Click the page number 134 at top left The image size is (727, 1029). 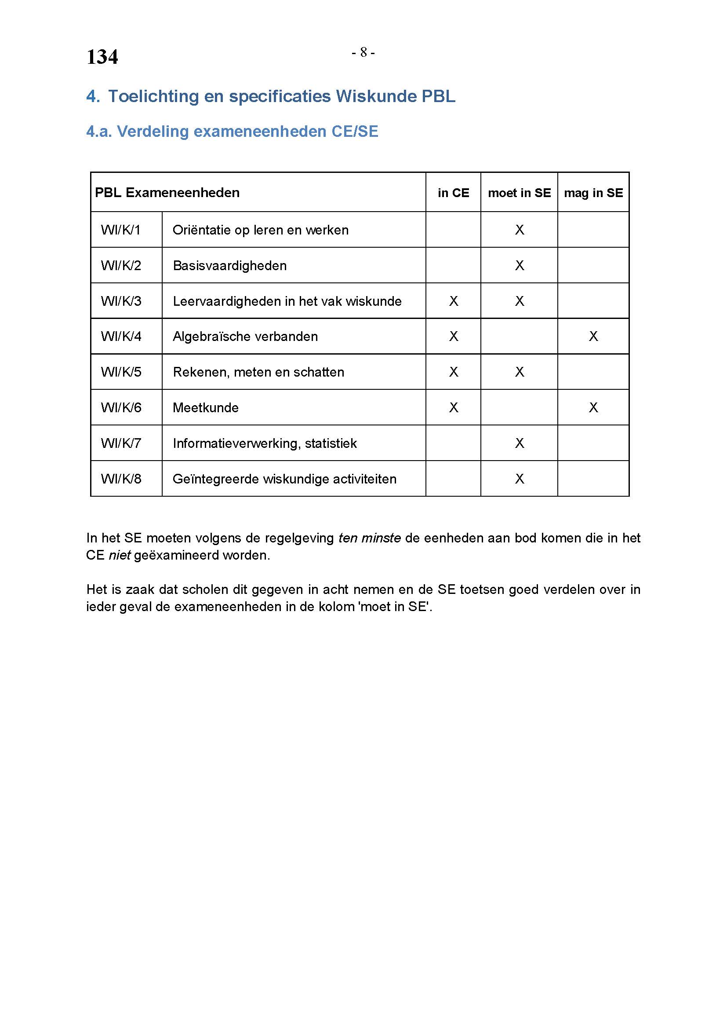102,57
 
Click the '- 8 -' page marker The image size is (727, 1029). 363,53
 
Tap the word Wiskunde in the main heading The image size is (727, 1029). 376,96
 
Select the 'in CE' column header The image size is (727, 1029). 453,193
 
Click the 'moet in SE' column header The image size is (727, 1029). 519,193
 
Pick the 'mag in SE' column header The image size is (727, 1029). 593,193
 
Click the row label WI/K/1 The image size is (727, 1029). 121,230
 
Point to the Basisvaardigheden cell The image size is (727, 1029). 229,266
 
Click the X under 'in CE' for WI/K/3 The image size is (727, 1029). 454,301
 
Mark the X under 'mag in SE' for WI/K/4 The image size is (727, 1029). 593,337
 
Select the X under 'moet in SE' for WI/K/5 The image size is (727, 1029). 519,372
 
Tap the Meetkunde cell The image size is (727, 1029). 205,408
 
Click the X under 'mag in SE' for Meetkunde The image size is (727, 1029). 593,408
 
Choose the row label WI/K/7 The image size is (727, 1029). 121,443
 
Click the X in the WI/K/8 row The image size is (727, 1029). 519,479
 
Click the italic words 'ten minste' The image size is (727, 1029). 369,538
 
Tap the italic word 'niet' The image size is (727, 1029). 120,555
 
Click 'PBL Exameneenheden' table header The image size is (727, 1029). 167,193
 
